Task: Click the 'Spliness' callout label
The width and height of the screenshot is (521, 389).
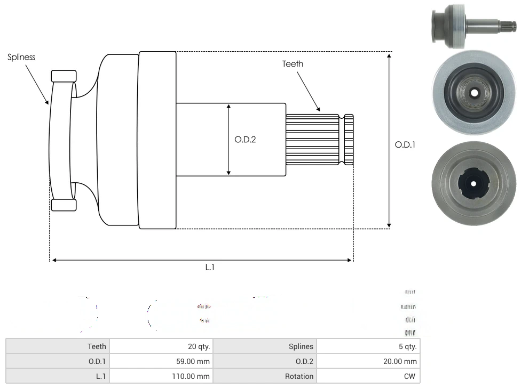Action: coord(21,57)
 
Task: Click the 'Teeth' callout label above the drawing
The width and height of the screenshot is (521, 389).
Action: coord(293,64)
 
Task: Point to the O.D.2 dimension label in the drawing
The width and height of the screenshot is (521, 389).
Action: coord(245,140)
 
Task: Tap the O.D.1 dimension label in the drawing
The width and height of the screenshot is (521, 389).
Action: coord(405,144)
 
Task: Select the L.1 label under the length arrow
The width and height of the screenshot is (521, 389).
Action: coord(210,268)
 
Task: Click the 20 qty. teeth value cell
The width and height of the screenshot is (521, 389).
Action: coord(161,346)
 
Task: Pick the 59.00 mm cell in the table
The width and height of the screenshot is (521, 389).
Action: coord(161,361)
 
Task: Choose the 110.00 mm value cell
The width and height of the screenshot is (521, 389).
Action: coord(161,376)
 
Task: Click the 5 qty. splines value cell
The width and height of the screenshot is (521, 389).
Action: coord(368,346)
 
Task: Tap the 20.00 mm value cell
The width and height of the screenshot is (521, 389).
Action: coord(368,361)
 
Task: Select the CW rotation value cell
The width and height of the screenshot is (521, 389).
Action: coord(368,376)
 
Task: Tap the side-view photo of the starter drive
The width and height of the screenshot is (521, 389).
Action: coord(472,26)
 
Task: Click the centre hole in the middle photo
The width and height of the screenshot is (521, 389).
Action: coord(474,93)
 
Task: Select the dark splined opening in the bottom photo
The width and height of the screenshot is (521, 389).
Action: coord(473,183)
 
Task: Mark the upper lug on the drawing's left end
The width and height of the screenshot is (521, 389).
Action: coord(64,76)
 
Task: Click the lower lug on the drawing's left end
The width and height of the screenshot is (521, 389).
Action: coord(64,205)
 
